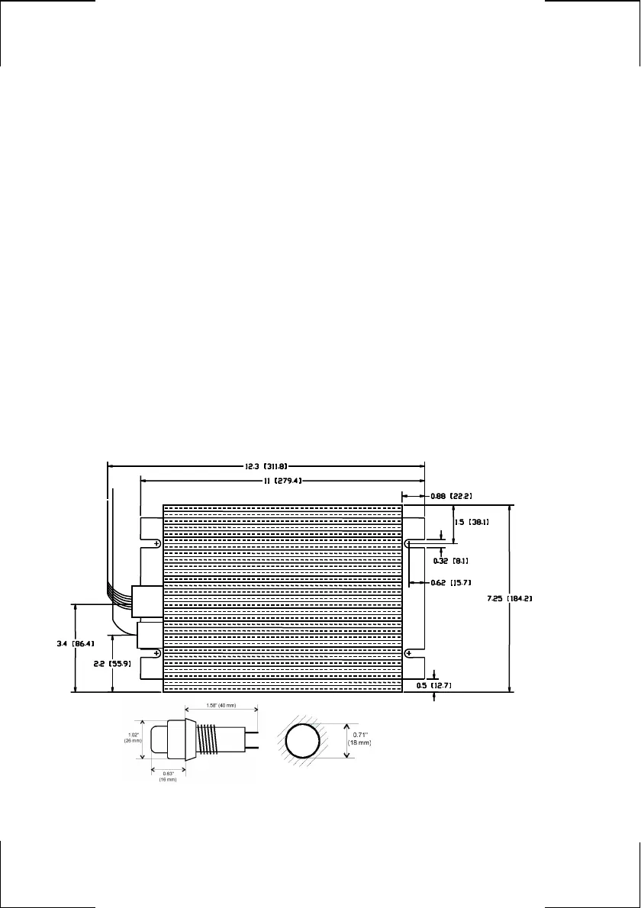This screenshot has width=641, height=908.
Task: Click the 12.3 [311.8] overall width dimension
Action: pos(265,464)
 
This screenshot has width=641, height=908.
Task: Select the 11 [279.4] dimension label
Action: pos(281,481)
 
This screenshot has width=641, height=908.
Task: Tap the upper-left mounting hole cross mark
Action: pos(156,544)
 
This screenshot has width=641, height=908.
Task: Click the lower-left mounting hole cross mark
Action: pos(156,654)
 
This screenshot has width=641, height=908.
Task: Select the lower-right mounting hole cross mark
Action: pos(410,654)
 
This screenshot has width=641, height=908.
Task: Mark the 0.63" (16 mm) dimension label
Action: pos(168,777)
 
